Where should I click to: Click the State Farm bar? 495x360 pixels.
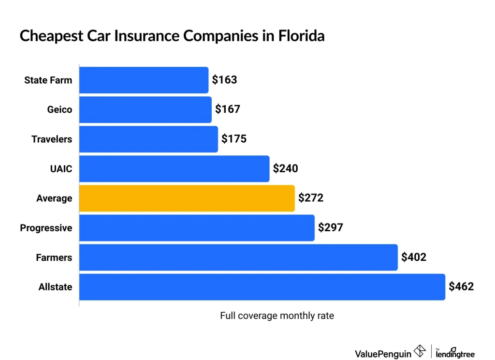pos(144,80)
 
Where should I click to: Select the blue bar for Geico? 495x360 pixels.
pos(145,109)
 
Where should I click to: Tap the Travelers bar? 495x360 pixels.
pos(148,139)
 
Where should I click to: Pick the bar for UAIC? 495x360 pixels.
pos(174,168)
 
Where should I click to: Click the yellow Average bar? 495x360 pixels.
pos(187,198)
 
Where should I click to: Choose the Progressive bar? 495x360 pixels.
pos(197,227)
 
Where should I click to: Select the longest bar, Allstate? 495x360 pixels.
pos(262,286)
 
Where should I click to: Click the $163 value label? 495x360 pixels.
pos(224,80)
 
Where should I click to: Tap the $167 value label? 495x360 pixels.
pos(228,109)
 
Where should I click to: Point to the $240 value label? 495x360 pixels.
pos(285,168)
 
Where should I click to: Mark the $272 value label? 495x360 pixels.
pos(310,198)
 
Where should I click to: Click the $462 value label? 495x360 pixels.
pos(461,286)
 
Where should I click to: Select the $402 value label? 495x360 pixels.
pos(414,257)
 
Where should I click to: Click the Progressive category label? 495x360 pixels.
pos(46,228)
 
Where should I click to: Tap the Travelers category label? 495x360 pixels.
pos(52,139)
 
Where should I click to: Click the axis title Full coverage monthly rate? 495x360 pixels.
pos(277,316)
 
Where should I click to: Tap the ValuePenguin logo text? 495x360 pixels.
pos(383,354)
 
